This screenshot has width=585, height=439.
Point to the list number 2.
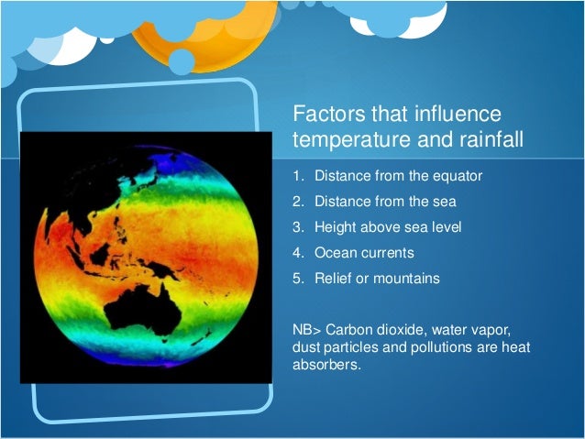pos(298,201)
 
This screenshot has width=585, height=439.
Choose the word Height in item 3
pos(333,226)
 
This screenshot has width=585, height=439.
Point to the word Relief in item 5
pos(332,278)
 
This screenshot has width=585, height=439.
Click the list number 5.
pos(298,278)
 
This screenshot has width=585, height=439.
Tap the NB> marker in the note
pos(306,329)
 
